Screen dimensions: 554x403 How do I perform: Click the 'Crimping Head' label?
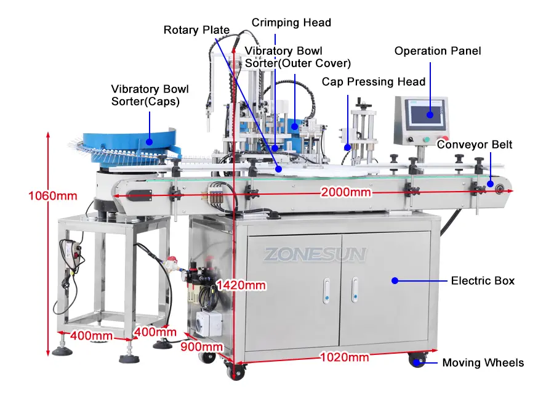(291, 23)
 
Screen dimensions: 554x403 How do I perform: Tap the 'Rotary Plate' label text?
(196, 30)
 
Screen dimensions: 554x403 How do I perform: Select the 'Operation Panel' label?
(438, 51)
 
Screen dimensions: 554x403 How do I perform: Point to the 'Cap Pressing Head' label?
(374, 82)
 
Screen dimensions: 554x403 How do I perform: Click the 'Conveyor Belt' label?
(475, 144)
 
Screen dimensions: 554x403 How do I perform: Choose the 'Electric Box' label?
(483, 281)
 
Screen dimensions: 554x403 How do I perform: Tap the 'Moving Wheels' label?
(483, 363)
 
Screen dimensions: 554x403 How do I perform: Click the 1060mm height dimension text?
(53, 196)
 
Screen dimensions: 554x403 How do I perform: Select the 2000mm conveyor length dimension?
(346, 192)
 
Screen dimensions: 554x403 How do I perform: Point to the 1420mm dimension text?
(241, 285)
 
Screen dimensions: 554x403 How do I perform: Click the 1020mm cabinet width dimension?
(345, 357)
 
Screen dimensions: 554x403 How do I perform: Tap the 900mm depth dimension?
(202, 347)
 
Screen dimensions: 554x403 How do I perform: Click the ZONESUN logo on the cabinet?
(315, 254)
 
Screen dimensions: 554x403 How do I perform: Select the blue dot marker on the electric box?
(395, 281)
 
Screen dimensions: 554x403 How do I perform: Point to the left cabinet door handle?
(327, 290)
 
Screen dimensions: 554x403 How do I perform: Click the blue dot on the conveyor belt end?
(491, 184)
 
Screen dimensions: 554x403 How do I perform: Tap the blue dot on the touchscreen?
(430, 115)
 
